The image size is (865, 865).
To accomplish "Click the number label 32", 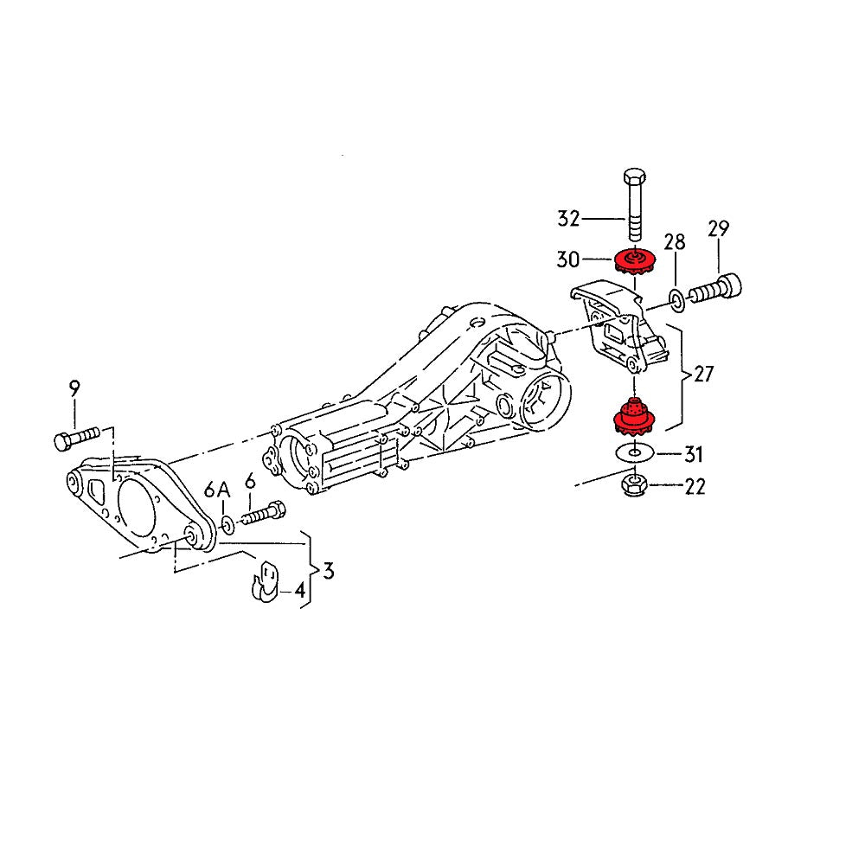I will (x=567, y=219).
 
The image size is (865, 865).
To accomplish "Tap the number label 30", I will (x=567, y=258).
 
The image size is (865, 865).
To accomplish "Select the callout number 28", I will (x=675, y=241).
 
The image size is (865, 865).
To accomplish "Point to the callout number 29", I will (x=718, y=229).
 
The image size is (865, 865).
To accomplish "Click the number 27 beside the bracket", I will (x=704, y=375).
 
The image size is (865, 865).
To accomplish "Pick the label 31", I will (x=695, y=453).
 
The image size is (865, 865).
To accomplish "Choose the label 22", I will (x=695, y=487).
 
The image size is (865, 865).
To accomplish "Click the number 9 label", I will (x=74, y=388).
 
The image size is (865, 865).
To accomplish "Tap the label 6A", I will (x=217, y=490).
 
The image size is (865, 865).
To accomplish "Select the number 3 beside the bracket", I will (x=328, y=571).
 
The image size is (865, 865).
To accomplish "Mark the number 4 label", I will (x=299, y=592).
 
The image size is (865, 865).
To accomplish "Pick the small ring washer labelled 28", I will (x=677, y=301).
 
